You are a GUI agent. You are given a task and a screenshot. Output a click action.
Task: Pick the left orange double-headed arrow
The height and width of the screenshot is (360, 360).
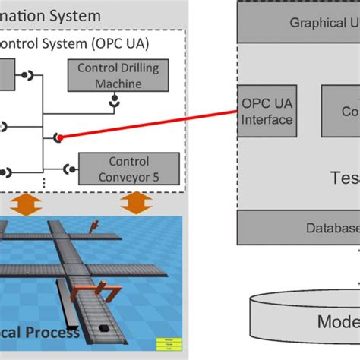tap(27, 204)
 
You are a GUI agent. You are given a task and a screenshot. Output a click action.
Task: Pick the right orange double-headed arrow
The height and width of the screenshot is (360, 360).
tap(137, 204)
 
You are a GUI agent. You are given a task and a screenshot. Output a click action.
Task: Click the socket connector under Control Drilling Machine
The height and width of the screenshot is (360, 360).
tap(116, 99)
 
